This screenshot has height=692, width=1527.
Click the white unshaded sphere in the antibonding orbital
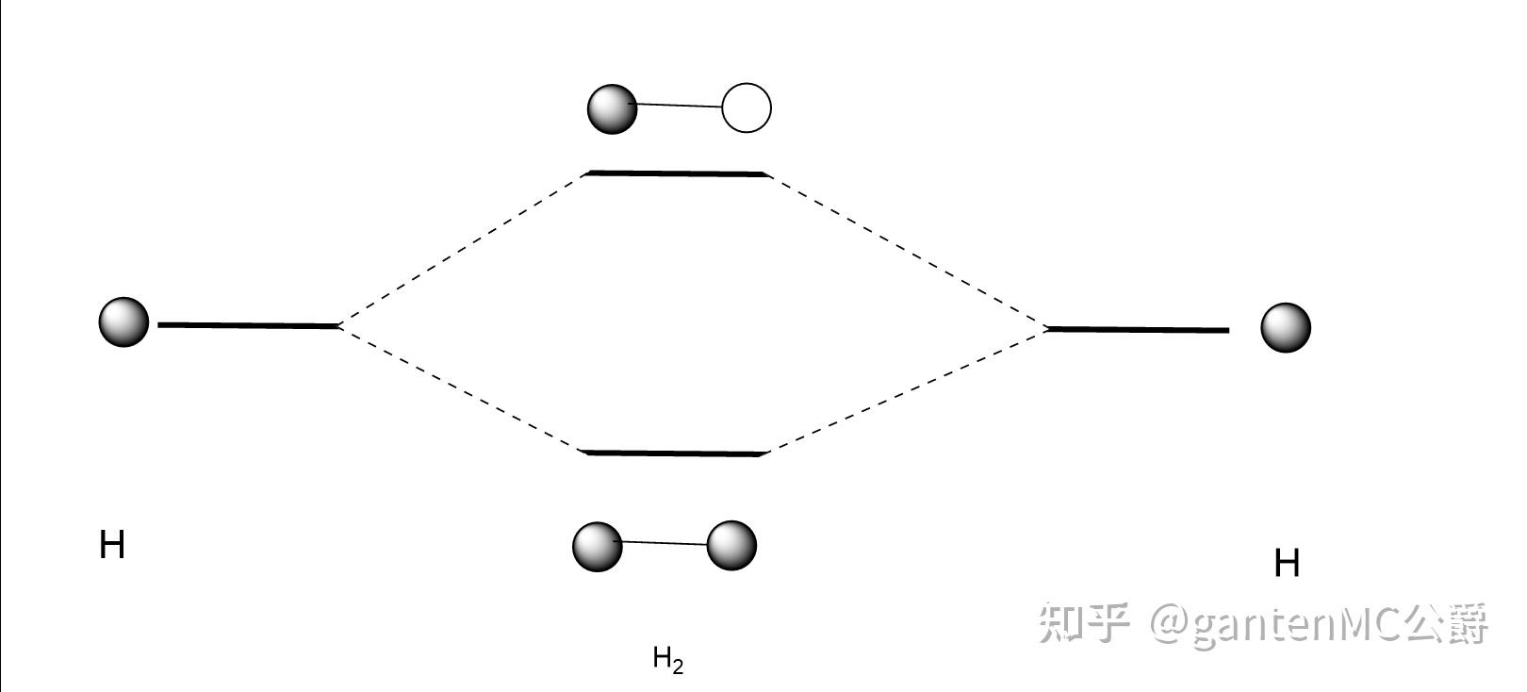(747, 107)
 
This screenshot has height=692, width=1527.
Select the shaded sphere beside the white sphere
(612, 109)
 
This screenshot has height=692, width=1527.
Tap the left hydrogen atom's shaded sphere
(123, 321)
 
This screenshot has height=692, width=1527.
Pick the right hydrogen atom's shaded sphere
(1286, 328)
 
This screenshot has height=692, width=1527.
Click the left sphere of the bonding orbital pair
(598, 547)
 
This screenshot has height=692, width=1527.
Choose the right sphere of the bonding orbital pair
(731, 546)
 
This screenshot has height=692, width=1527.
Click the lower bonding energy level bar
(674, 453)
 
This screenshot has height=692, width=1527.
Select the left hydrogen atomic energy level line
(249, 326)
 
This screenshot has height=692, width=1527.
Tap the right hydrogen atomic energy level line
(1139, 330)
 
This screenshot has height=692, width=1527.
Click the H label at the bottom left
(112, 546)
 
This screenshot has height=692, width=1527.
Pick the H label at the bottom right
(1287, 564)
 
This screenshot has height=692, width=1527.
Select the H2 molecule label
(668, 660)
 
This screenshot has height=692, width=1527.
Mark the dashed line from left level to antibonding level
(462, 251)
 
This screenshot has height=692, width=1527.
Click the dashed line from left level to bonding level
(460, 389)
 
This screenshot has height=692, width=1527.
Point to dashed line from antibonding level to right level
(908, 252)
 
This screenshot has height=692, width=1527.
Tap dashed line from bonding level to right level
(908, 390)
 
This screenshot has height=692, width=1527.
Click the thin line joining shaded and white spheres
(680, 106)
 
